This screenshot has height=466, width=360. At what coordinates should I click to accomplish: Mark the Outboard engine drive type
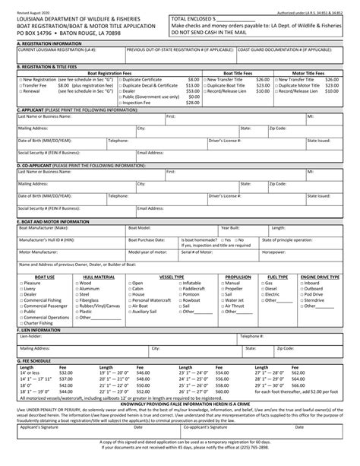coord(301,288)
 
